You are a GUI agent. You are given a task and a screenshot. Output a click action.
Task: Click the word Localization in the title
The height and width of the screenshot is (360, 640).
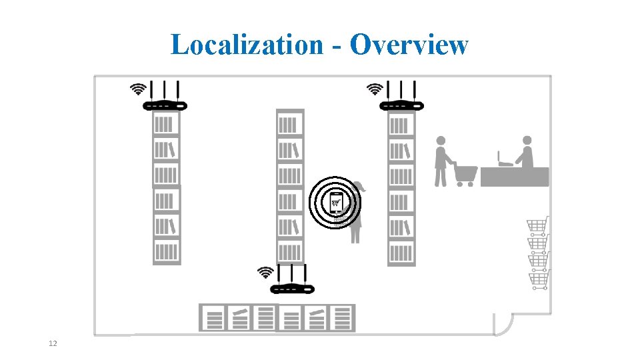[246, 45]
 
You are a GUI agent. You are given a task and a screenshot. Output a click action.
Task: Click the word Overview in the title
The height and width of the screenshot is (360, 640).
[409, 45]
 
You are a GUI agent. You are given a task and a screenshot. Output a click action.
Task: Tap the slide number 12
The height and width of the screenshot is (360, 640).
[53, 343]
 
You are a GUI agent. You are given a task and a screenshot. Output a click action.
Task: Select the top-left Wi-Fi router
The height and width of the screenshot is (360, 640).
[165, 104]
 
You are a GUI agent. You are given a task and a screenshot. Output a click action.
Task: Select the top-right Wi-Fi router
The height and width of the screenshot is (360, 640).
[401, 104]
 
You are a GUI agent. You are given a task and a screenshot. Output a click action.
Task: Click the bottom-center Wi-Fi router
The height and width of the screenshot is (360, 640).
[291, 287]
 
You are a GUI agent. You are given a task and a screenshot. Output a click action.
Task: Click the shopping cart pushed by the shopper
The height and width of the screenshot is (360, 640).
[465, 174]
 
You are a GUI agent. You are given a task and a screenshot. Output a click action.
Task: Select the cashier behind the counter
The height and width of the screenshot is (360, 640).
[526, 152]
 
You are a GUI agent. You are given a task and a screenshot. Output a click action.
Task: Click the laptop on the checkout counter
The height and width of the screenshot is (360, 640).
[504, 159]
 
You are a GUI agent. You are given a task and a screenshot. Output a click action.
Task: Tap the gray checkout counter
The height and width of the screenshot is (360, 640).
[515, 177]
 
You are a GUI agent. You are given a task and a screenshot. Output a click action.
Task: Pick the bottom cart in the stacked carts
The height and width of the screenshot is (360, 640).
[539, 279]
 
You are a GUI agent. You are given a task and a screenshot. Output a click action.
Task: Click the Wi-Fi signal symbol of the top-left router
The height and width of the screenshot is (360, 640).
[138, 89]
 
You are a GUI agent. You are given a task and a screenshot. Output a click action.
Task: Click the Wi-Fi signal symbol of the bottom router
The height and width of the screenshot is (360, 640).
[265, 272]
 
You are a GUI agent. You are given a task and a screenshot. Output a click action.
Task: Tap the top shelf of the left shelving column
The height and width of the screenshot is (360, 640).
[166, 124]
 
